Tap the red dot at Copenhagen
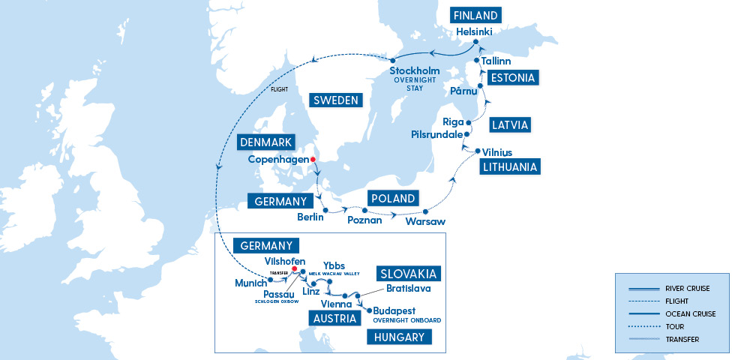coord(313,160)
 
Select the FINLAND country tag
coord(475,16)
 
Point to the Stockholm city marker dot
coord(391,61)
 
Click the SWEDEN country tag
coord(334,100)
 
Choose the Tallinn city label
coord(496,61)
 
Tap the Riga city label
coord(454,121)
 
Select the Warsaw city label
coord(425,222)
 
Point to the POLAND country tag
coord(391,199)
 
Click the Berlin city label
coord(310,217)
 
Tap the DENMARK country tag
coord(266,142)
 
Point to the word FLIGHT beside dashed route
coord(279,91)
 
